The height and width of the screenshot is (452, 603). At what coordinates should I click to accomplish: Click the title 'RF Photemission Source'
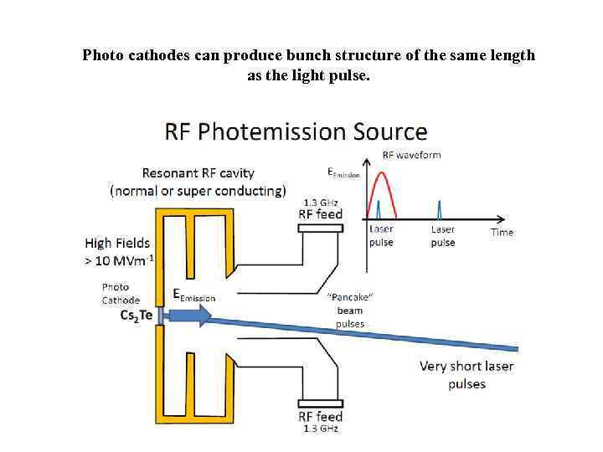296,132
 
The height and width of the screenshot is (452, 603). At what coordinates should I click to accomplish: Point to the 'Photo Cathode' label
121,294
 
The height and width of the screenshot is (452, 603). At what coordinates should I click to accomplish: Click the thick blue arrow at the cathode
188,316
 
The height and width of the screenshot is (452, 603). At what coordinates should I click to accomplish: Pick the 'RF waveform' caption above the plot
411,155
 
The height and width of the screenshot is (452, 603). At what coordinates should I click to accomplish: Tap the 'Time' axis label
502,232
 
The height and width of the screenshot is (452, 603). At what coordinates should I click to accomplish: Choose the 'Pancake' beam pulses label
350,310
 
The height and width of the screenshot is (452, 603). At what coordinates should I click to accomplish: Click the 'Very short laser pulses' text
466,375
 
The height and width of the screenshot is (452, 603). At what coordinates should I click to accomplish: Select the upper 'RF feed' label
320,213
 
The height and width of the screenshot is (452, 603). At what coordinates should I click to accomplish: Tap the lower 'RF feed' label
320,417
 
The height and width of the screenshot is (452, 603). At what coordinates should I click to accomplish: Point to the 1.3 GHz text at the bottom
320,429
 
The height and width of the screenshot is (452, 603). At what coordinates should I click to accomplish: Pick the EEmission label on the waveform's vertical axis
343,173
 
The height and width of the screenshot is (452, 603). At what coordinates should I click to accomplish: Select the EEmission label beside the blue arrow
193,295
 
